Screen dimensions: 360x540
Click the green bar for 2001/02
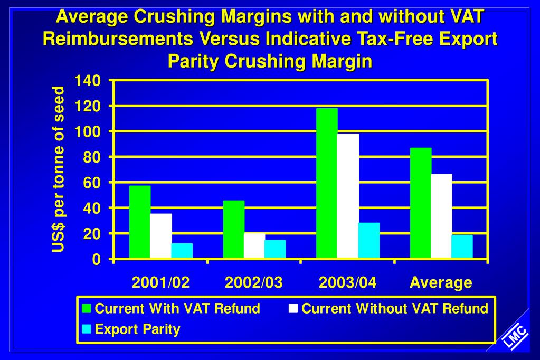140,222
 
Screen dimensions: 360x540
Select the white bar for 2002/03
254,245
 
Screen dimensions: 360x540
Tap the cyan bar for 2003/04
369,240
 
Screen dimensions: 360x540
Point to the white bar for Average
441,216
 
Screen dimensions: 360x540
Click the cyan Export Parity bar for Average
462,247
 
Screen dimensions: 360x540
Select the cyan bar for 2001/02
182,251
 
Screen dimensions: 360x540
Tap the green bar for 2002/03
234,229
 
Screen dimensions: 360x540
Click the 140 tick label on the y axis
87,81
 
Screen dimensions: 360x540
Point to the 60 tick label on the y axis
91,183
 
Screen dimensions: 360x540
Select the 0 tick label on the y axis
96,259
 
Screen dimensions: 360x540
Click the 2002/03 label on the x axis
254,282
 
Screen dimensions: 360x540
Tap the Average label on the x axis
441,282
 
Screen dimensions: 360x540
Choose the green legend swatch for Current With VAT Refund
87,308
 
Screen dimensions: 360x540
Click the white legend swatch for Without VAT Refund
293,308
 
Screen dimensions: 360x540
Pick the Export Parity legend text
137,329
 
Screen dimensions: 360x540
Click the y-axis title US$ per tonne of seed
59,170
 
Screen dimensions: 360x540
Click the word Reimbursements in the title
125,39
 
